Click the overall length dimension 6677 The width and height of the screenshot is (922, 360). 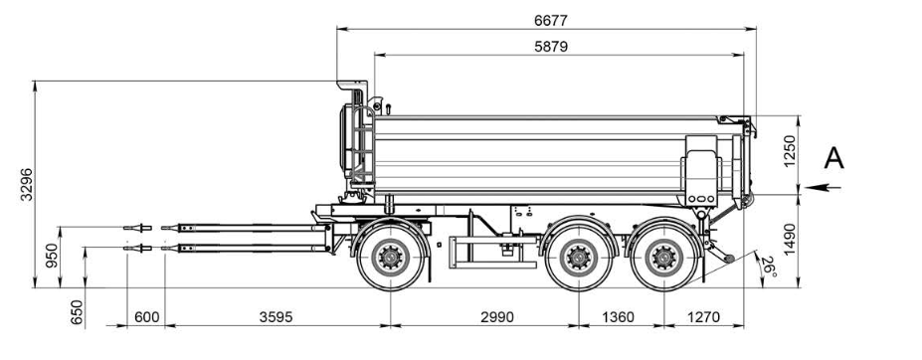click(x=551, y=21)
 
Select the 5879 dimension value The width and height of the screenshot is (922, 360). click(x=551, y=47)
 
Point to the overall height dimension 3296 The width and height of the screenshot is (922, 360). click(x=27, y=184)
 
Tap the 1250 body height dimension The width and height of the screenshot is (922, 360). click(x=789, y=151)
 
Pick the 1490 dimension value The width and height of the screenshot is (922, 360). click(x=789, y=239)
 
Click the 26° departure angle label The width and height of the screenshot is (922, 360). click(x=769, y=267)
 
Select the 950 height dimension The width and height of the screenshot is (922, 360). click(x=53, y=256)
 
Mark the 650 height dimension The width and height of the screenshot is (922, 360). click(x=77, y=312)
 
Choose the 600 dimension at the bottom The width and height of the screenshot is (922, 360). click(x=146, y=317)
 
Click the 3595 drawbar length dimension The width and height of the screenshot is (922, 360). click(x=276, y=317)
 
